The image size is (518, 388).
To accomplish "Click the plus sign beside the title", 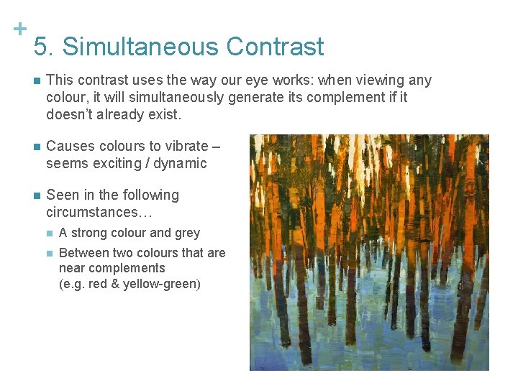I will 20,29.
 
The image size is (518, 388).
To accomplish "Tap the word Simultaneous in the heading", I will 140,47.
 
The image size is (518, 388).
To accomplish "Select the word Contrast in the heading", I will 275,47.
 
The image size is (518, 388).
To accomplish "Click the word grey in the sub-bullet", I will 186,233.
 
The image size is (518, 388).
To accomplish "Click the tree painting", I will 369,252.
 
